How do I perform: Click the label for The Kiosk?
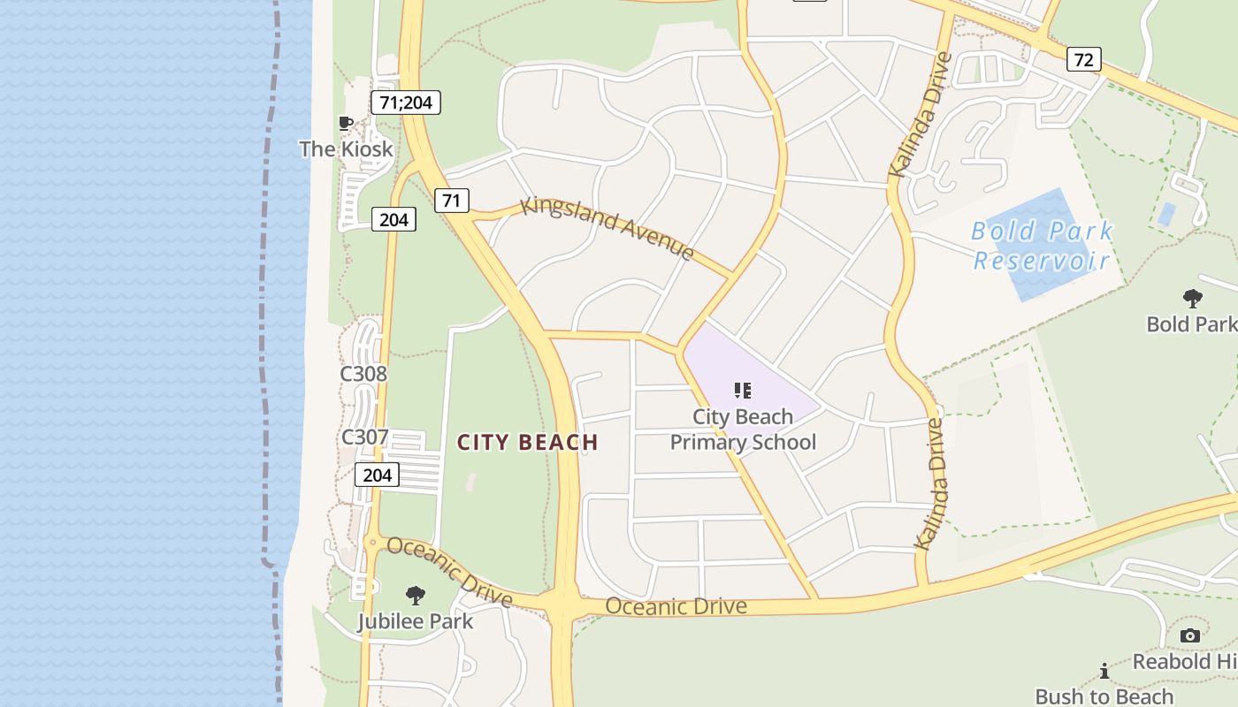pos(346,148)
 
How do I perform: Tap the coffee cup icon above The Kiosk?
pos(346,123)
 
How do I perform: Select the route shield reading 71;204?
pos(405,103)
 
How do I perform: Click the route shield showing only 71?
pos(451,201)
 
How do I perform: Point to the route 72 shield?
pos(1084,60)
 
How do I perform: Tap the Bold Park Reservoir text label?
pos(1042,246)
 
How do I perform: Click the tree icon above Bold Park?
pos(1192,299)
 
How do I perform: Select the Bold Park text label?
pos(1191,324)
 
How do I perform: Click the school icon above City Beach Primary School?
pos(743,390)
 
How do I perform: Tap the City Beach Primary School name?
pos(743,430)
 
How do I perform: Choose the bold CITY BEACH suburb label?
pos(528,442)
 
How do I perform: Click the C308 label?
pos(363,374)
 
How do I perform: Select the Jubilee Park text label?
pos(416,621)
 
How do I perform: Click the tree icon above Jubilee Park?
pos(415,596)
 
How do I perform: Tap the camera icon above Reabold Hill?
pos(1190,635)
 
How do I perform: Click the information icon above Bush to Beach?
pos(1104,671)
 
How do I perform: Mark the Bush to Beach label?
pos(1104,696)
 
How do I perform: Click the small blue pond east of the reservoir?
pos(1166,214)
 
